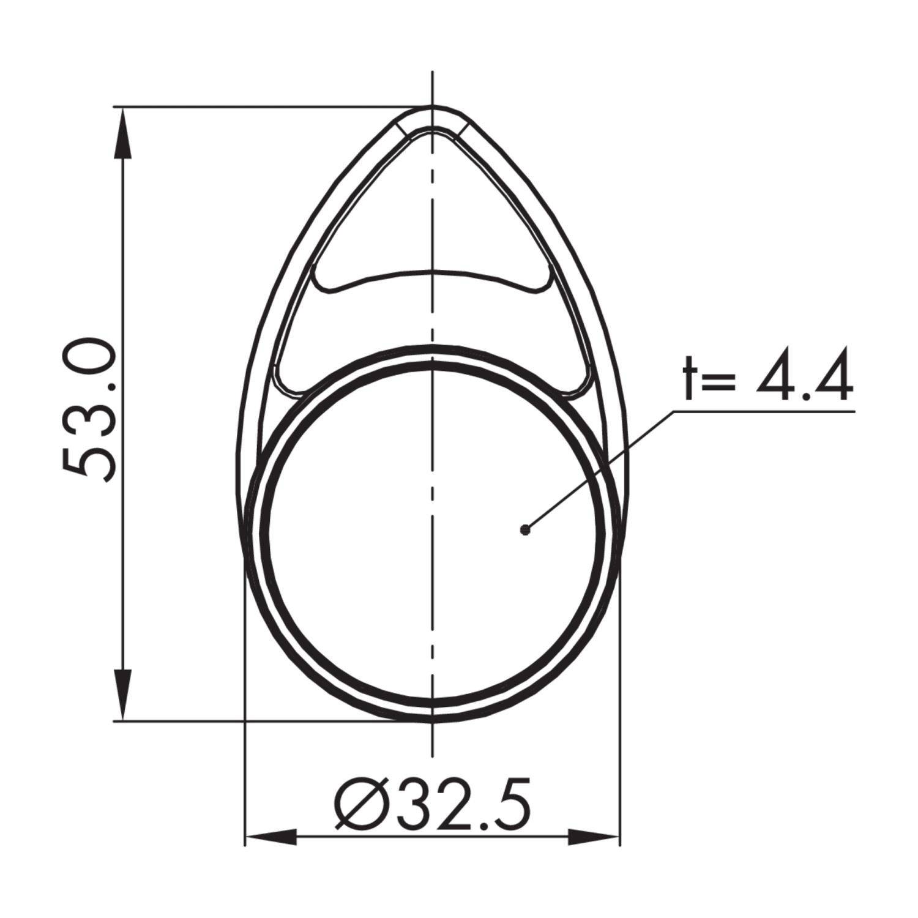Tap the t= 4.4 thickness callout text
coord(767,375)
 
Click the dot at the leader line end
coord(524,530)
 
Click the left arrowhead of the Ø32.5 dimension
coord(269,837)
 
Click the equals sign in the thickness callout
coord(722,379)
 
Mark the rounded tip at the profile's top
coord(433,110)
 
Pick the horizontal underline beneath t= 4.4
coord(765,411)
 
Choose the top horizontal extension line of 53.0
coord(257,107)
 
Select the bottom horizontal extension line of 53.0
coord(257,721)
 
